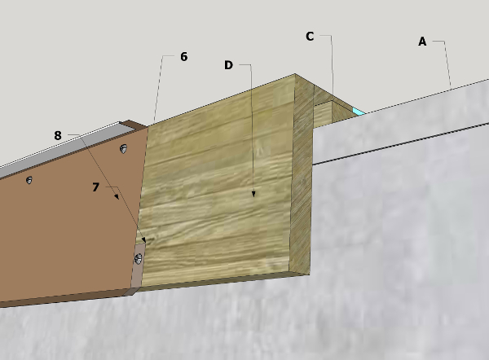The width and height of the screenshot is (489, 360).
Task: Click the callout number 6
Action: pos(184,57)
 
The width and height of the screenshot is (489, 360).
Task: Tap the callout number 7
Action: pos(95,187)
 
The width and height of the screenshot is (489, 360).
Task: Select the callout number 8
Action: pos(58,135)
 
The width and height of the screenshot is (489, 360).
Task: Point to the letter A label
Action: pos(422,42)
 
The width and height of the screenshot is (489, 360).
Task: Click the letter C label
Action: pos(310,37)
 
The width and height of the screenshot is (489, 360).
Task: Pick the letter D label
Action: pos(228,65)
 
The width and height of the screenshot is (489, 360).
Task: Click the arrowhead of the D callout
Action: pos(253,194)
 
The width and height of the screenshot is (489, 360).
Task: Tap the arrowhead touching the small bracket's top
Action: pos(143,239)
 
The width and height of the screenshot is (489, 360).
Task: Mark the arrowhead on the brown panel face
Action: pos(117,196)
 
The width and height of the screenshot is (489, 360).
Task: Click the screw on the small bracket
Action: pos(138,259)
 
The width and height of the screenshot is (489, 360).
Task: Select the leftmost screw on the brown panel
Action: pos(29,180)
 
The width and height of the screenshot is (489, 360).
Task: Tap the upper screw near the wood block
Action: pos(124,149)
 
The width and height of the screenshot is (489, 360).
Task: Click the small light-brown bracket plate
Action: pos(139,266)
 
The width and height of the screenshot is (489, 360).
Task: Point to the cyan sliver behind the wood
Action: pos(359,112)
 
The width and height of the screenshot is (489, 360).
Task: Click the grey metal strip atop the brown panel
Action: pos(63,150)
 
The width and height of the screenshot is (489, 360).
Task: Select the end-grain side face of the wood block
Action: pos(302,174)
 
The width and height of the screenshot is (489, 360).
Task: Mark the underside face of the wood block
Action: pos(218,282)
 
